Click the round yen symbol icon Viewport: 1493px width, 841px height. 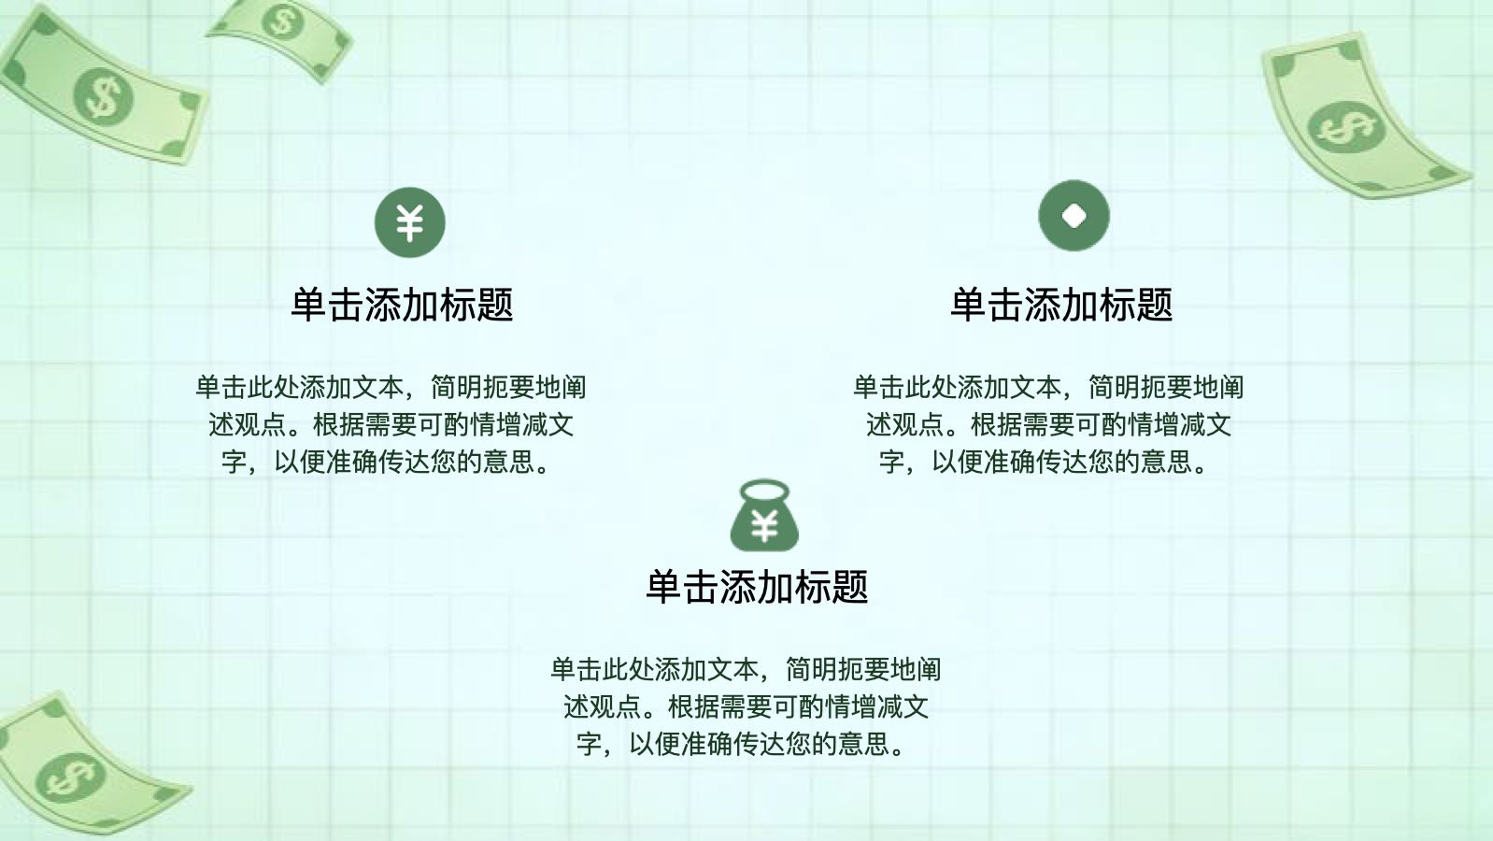[x=409, y=221]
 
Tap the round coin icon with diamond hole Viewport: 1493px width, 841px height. [x=1074, y=215]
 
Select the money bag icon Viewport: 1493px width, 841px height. [x=764, y=515]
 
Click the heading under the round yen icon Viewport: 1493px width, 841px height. [x=402, y=306]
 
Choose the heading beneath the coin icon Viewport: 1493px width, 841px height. [x=1061, y=306]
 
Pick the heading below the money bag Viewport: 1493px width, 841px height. [x=757, y=587]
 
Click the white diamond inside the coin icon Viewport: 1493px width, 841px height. [x=1074, y=215]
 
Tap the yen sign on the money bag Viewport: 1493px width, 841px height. [x=764, y=526]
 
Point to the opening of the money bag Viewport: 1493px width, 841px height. [x=764, y=492]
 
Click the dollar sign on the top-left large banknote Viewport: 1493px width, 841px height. [x=103, y=97]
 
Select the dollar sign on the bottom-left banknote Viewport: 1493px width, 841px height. [x=70, y=777]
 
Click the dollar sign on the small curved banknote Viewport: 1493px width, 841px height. [x=282, y=21]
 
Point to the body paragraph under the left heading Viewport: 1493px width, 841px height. [x=391, y=424]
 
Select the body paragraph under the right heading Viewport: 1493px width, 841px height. [x=1048, y=424]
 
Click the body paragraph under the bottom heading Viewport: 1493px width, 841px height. [x=746, y=706]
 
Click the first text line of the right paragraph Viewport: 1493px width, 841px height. [x=1048, y=387]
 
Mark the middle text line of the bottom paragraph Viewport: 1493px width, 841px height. [x=746, y=706]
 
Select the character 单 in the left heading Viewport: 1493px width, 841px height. [x=310, y=306]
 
